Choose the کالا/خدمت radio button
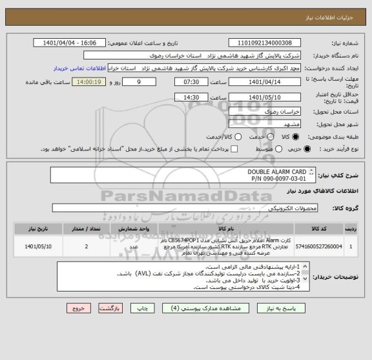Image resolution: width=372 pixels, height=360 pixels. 238,137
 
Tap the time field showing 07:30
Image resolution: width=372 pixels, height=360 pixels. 191,82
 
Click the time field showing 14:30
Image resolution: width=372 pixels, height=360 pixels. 191,97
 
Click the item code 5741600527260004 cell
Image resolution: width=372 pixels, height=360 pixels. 329,246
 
